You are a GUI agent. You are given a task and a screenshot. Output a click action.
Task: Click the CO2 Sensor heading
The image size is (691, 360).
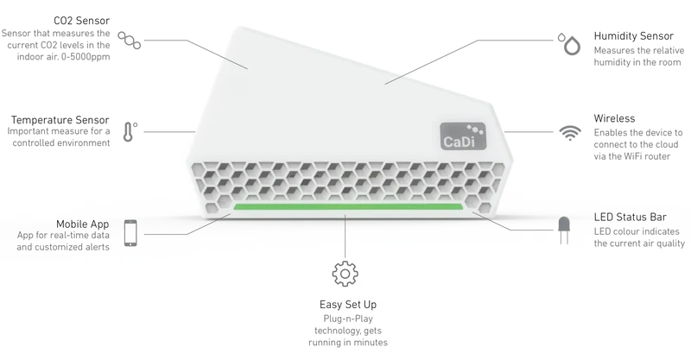[x=81, y=21]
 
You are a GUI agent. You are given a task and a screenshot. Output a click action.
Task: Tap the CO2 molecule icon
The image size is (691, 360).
[x=129, y=40]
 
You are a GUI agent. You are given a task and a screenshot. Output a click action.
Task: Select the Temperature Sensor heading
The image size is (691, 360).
[x=60, y=120]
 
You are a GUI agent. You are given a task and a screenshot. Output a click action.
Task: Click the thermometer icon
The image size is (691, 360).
[x=129, y=131]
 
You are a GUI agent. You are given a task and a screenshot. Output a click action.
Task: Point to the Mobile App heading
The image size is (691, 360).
[x=82, y=224]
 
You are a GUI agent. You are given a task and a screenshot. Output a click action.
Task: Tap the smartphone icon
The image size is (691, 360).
[x=130, y=233]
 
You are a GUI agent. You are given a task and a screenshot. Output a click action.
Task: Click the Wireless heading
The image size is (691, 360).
[x=614, y=118]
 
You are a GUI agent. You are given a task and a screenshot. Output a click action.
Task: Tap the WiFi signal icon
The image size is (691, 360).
[x=570, y=132]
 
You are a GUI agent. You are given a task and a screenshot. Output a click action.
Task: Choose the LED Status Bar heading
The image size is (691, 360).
[x=631, y=217]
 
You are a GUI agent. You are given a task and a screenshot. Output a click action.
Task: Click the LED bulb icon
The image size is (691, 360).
[x=564, y=230]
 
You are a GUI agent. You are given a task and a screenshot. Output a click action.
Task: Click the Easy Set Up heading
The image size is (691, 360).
[x=348, y=305]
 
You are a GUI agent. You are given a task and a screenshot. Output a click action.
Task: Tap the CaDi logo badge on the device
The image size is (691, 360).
[x=463, y=136]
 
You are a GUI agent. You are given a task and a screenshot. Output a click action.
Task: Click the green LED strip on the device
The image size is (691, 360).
[x=348, y=206]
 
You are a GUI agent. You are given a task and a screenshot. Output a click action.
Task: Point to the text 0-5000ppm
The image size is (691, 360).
[x=86, y=57]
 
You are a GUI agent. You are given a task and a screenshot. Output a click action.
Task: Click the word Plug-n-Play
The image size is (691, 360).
[x=348, y=319]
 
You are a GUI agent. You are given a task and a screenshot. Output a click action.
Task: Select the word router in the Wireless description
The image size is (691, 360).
[x=656, y=156]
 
